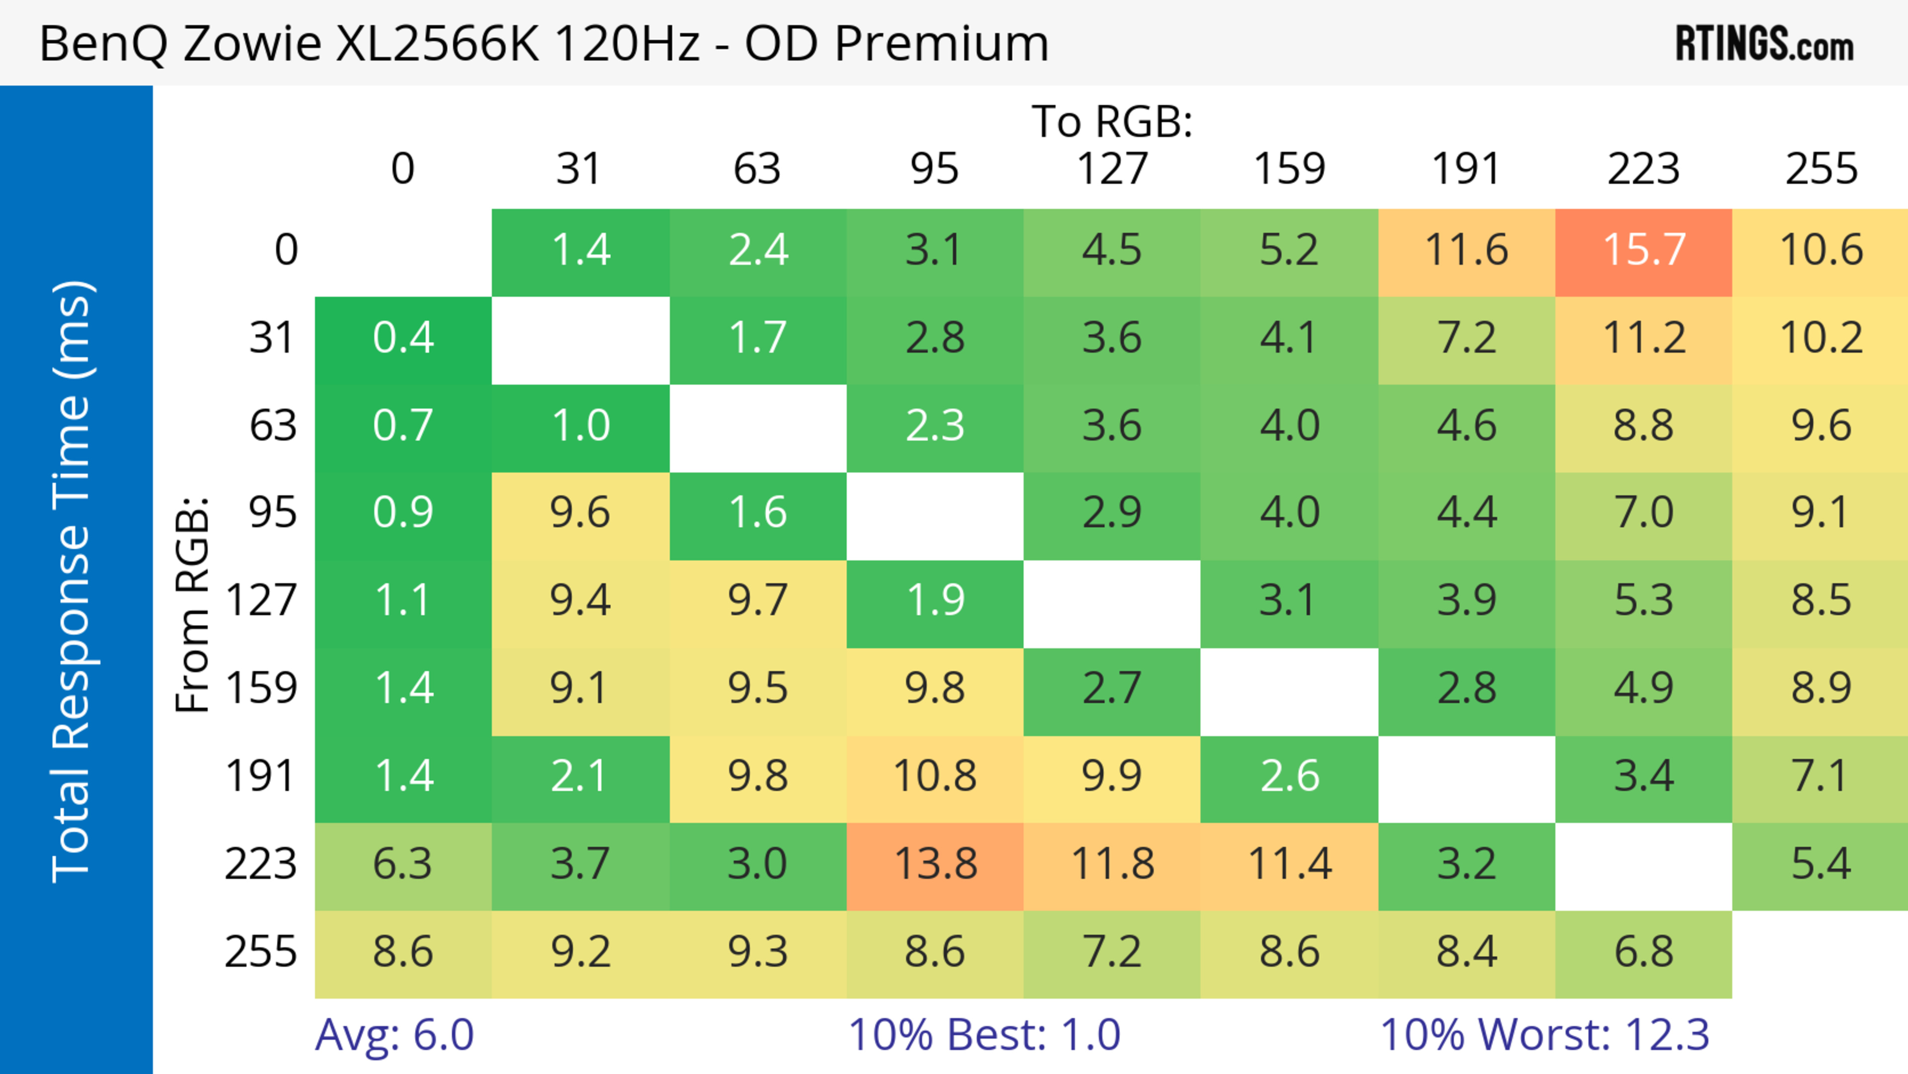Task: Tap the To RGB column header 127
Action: [x=1112, y=169]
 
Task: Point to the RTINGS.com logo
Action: [x=1764, y=44]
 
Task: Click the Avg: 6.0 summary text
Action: [x=394, y=1035]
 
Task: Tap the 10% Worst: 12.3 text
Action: [x=1544, y=1035]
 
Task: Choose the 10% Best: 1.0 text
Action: [x=984, y=1035]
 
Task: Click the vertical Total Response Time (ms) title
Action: [x=73, y=581]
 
